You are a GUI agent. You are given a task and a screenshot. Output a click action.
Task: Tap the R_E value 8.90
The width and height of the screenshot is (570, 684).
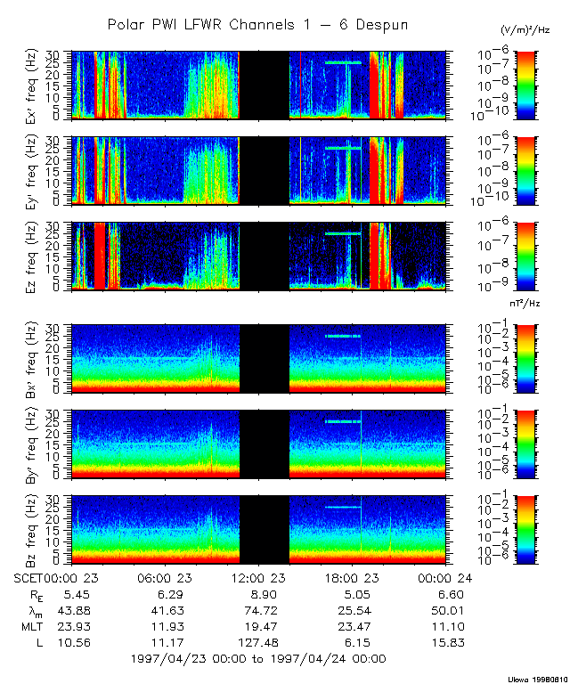pos(258,593)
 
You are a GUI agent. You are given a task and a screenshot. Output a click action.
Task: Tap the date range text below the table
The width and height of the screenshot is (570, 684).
pos(257,659)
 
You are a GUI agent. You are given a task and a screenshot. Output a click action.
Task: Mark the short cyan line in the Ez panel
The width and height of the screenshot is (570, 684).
pos(344,233)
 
